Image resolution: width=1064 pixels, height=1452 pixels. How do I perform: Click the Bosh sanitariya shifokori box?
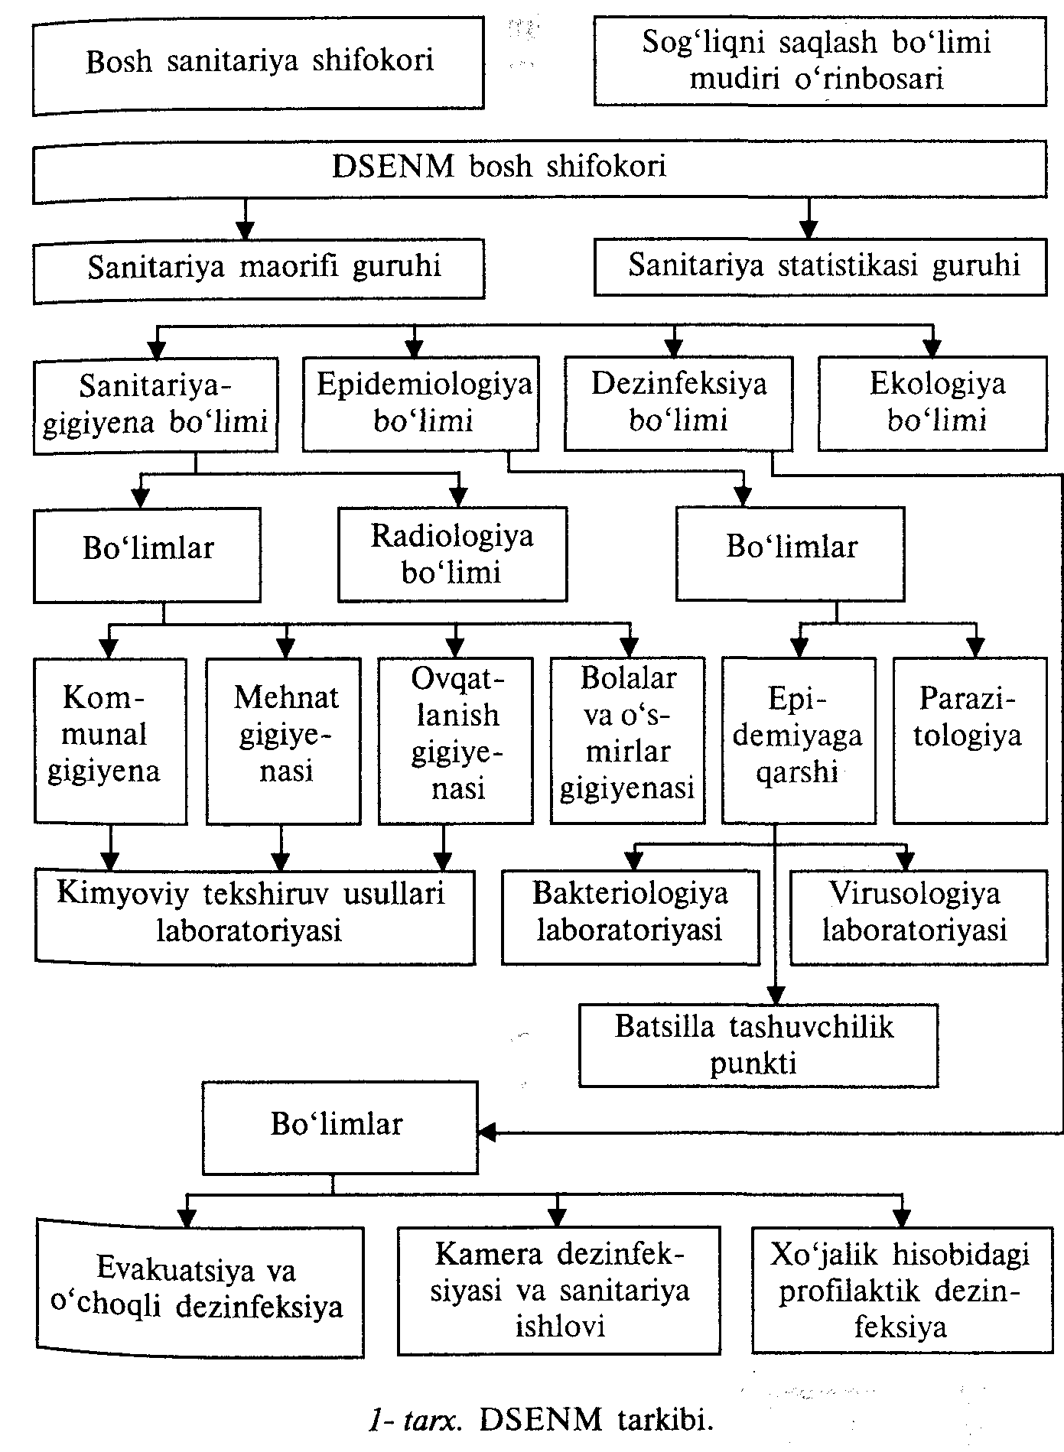(258, 65)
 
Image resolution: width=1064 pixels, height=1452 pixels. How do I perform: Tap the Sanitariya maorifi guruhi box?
(259, 269)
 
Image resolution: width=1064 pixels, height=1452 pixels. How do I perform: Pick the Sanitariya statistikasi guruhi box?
(820, 267)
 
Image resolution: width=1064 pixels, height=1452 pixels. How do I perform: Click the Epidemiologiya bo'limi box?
(421, 403)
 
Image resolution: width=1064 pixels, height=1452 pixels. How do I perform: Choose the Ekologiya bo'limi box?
(932, 403)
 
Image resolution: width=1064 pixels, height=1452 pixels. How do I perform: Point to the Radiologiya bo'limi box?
(453, 554)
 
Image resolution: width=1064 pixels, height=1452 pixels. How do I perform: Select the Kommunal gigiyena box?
(110, 741)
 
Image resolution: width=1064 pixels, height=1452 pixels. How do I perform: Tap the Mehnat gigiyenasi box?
(284, 741)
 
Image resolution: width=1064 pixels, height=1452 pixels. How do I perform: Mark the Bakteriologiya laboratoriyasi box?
(630, 916)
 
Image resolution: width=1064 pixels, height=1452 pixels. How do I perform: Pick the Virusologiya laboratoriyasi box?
(919, 916)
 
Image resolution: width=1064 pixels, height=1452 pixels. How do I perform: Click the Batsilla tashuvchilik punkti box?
(759, 1045)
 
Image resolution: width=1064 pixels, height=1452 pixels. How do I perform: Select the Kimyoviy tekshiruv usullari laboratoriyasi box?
(254, 916)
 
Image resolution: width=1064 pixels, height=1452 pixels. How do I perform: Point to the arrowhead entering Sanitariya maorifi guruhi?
(245, 229)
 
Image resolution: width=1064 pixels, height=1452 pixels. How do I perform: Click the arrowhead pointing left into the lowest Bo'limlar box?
(487, 1131)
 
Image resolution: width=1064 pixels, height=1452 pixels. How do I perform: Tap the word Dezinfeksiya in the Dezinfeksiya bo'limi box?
(678, 383)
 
